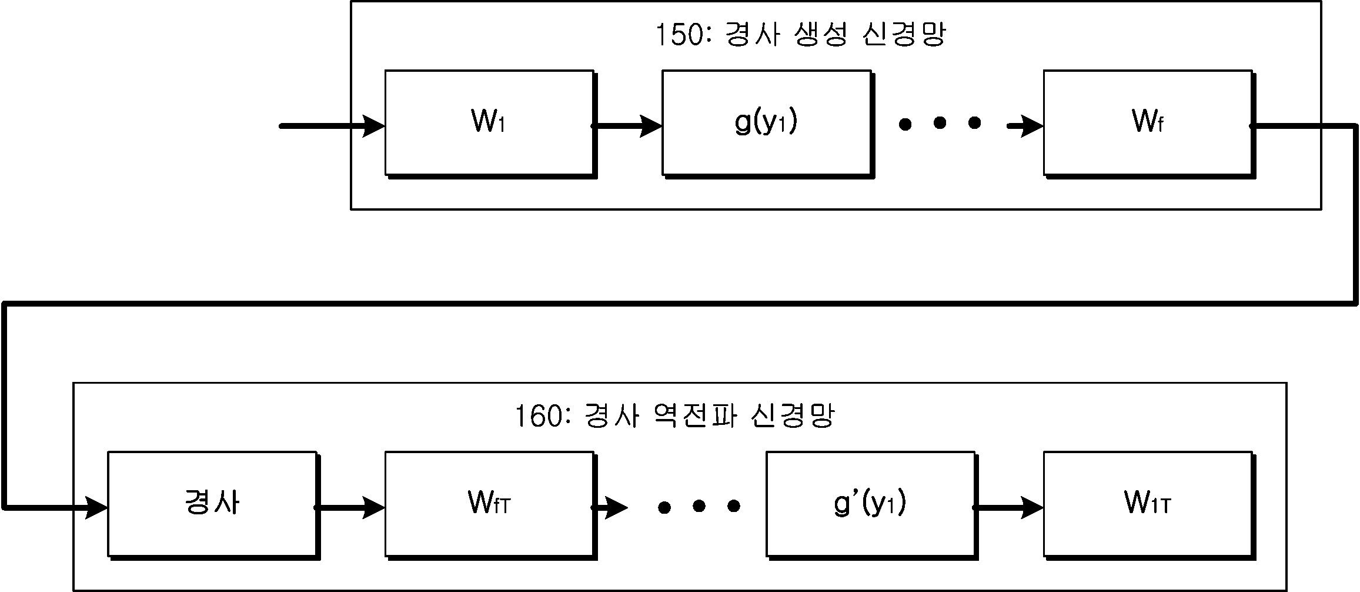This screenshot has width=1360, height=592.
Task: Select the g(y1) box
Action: click(x=767, y=124)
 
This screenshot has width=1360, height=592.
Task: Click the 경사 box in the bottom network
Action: click(x=213, y=505)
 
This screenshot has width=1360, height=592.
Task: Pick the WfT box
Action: click(x=490, y=505)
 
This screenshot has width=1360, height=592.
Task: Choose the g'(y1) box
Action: click(x=871, y=505)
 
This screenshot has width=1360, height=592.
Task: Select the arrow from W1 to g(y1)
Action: click(x=627, y=126)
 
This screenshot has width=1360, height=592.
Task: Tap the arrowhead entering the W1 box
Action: click(x=373, y=126)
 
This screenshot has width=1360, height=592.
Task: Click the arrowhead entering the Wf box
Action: click(x=1032, y=126)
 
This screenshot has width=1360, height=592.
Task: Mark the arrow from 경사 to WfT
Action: click(x=350, y=507)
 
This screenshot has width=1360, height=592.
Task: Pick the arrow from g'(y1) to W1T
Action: click(x=1008, y=507)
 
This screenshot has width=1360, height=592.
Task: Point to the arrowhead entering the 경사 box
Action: click(x=96, y=507)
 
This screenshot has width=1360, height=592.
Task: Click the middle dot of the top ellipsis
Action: click(x=940, y=124)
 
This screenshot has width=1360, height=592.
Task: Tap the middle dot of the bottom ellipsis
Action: click(x=699, y=506)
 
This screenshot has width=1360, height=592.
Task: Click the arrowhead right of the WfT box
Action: click(x=616, y=507)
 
